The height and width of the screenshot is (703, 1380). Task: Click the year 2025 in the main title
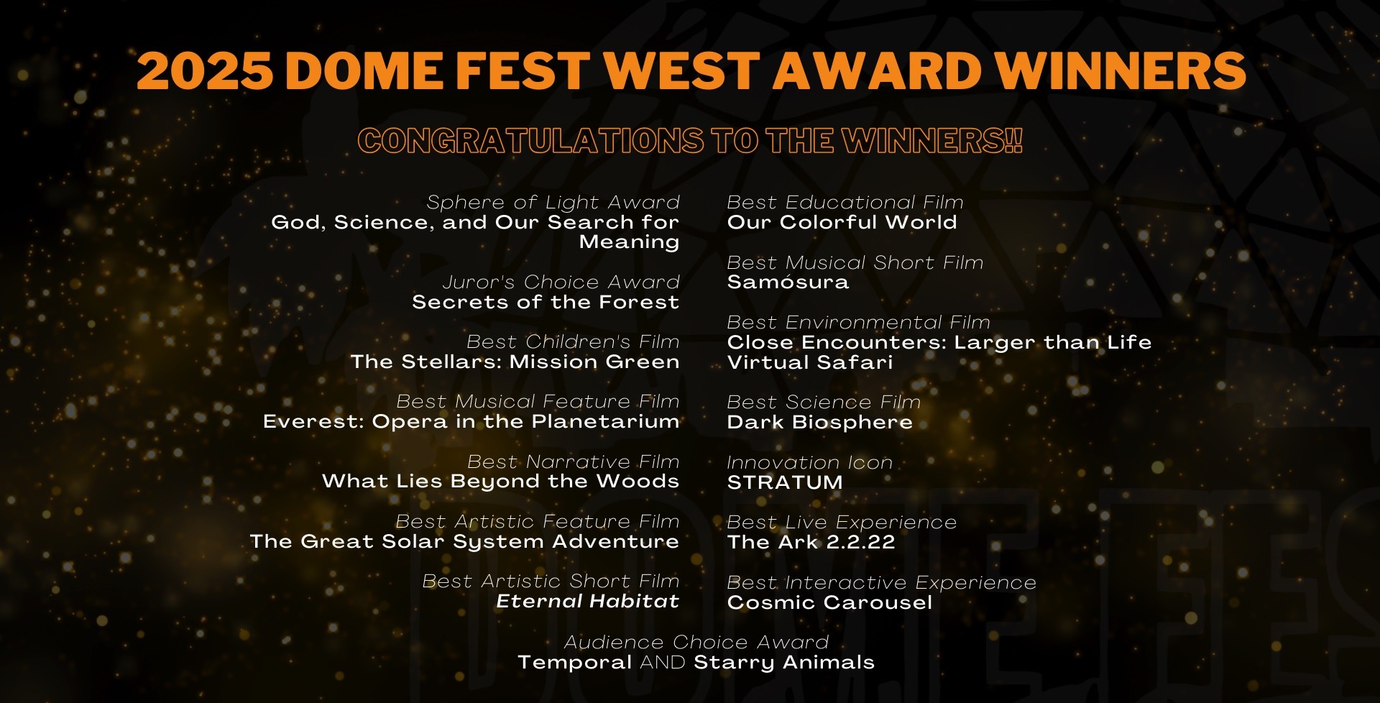tap(205, 71)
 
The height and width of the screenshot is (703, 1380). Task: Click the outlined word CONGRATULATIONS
tap(531, 140)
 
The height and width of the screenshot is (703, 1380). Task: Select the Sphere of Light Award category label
tap(553, 203)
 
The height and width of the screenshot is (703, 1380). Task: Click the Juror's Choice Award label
tap(561, 282)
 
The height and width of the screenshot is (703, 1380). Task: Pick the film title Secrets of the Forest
tap(546, 302)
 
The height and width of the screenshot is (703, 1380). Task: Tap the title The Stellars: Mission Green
tap(515, 362)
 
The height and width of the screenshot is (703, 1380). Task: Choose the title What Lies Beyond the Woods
tap(500, 482)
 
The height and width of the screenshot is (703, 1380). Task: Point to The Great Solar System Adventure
tap(464, 541)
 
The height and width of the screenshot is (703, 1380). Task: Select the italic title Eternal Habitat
tap(587, 601)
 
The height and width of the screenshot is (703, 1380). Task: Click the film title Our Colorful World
tap(842, 222)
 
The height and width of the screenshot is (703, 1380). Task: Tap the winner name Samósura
tap(788, 282)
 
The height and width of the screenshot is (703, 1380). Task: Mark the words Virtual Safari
tap(810, 362)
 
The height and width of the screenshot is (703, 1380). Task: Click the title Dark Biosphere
tap(819, 422)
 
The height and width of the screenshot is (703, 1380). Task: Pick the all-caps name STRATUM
tap(784, 482)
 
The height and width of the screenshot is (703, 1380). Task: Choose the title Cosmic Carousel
tap(829, 602)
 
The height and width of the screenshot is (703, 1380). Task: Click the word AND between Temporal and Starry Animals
tap(663, 662)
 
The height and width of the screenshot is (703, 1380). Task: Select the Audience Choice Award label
tap(696, 642)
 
